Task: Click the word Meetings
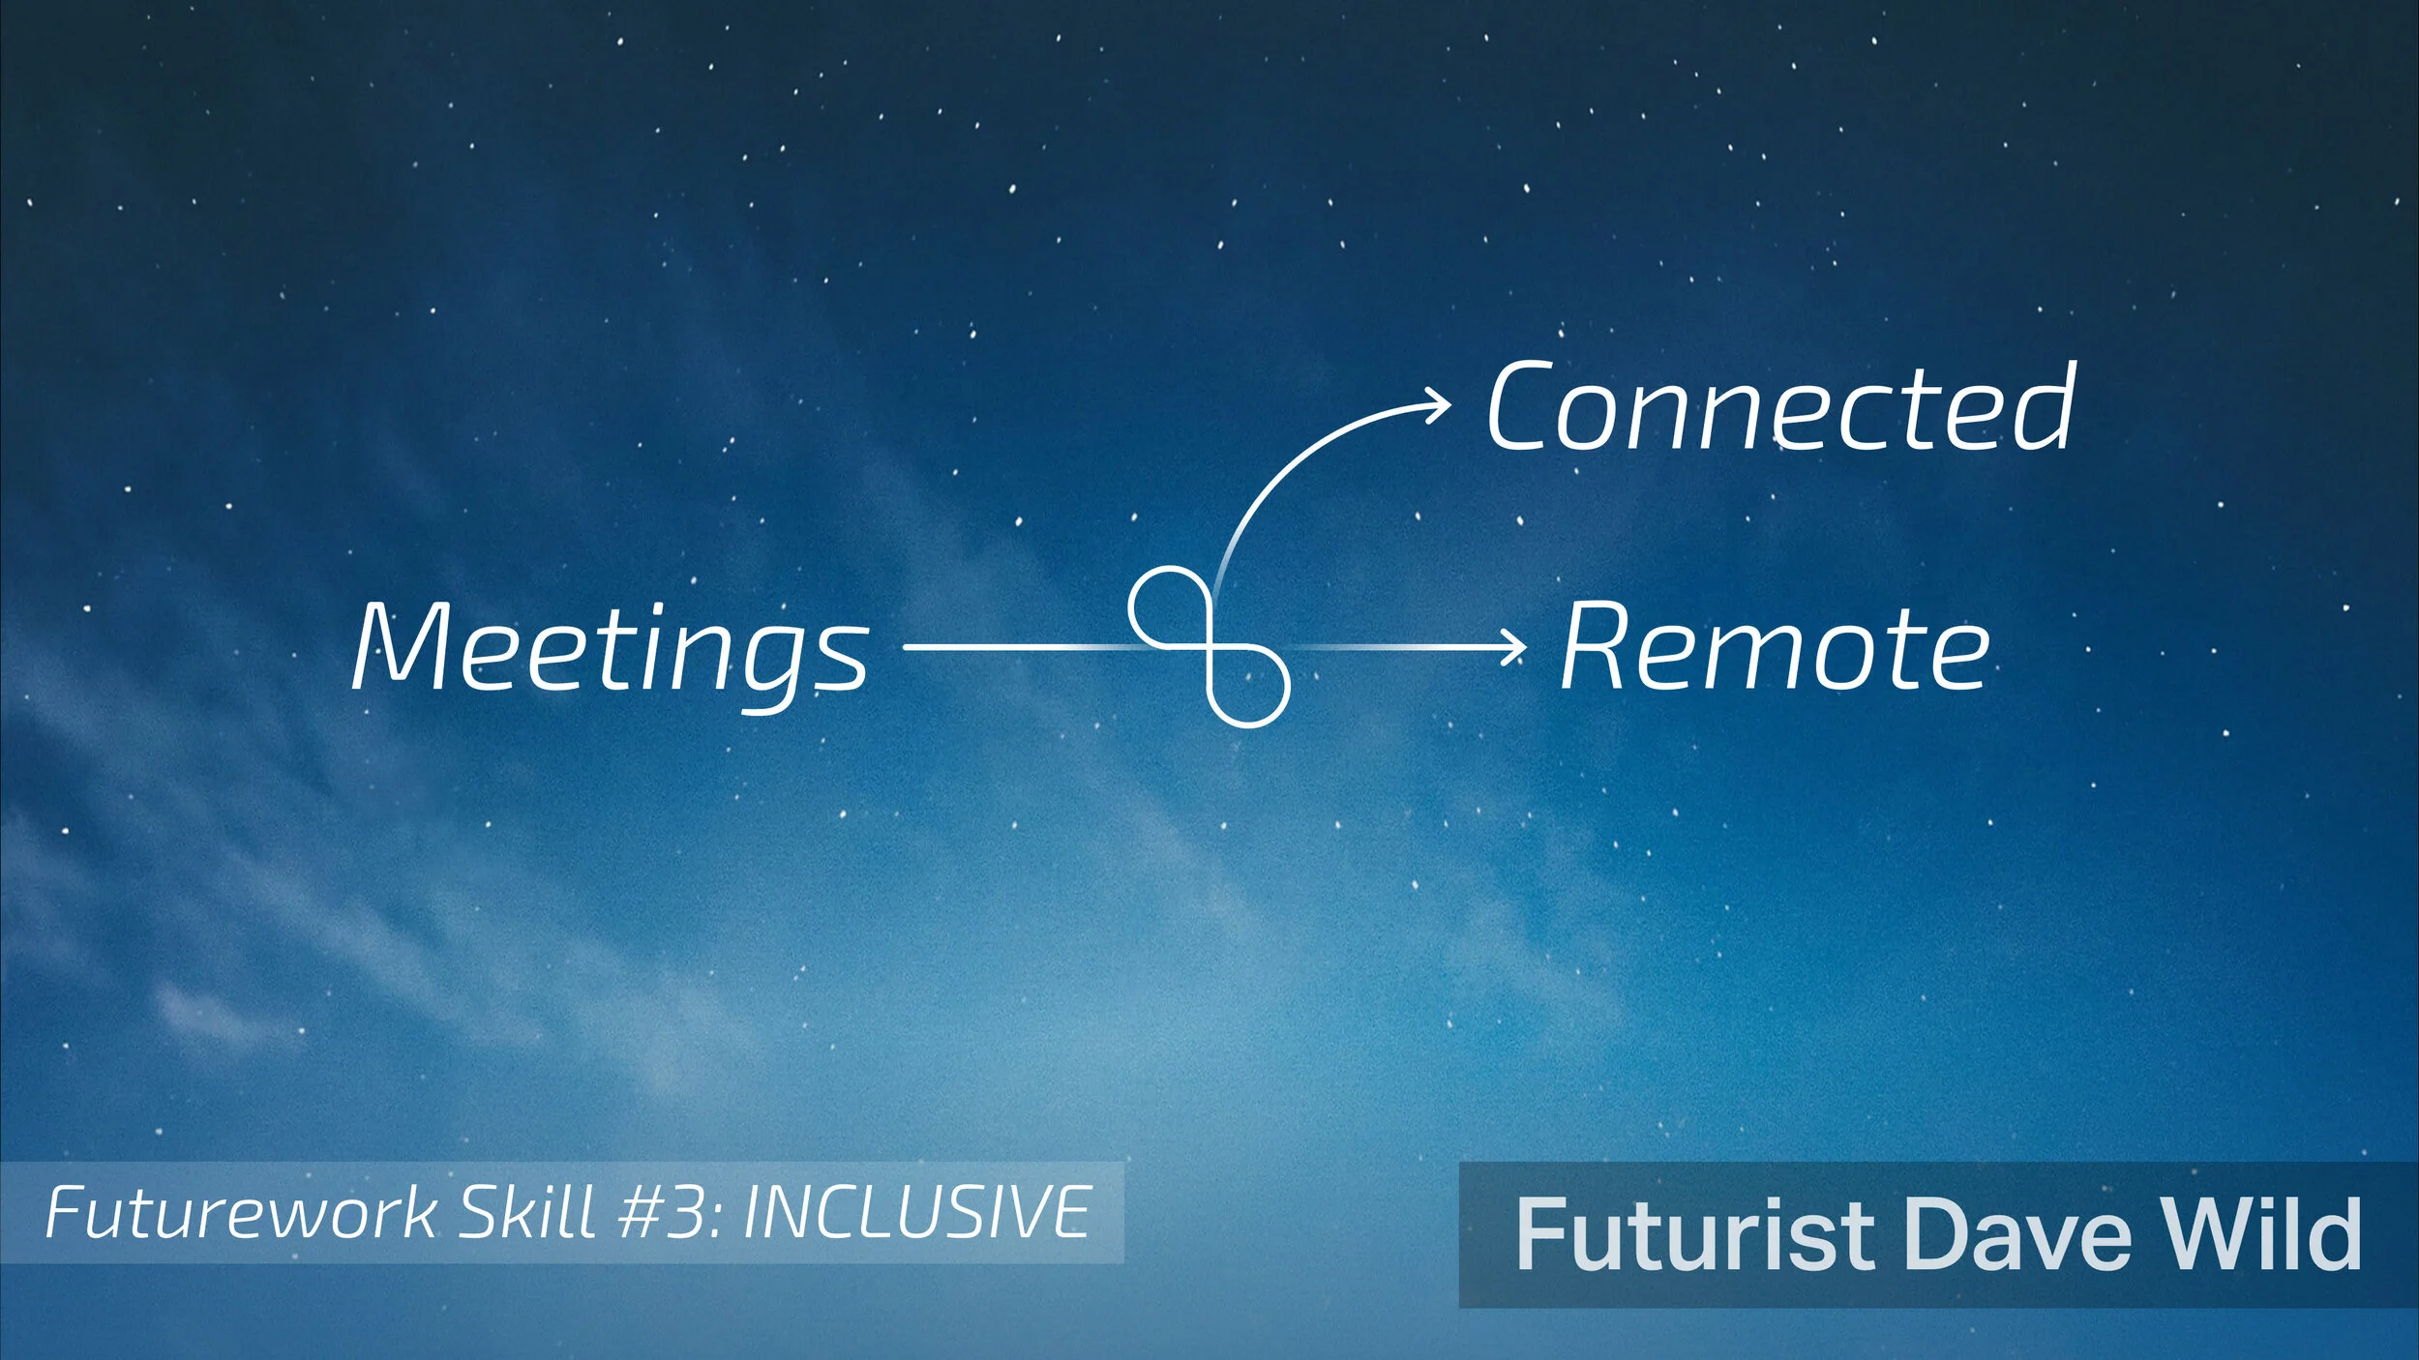[611, 646]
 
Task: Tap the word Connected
[1780, 406]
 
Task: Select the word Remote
[1776, 646]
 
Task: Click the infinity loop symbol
[1209, 646]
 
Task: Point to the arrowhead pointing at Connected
[1439, 405]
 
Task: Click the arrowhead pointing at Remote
[1514, 646]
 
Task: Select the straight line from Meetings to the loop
[1016, 646]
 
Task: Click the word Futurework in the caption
[241, 1213]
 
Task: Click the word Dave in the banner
[2017, 1234]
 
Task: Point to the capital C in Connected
[1522, 406]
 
